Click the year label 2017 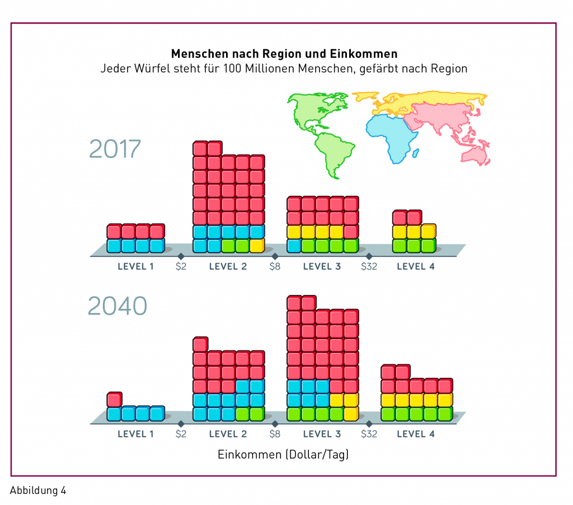[x=115, y=149]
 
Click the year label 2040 [x=118, y=306]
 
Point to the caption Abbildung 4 [x=38, y=490]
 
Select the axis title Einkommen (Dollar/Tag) [x=283, y=454]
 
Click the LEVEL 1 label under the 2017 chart [x=135, y=266]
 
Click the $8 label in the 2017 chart [x=275, y=266]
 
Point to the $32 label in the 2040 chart [x=369, y=434]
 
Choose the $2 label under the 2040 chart [x=181, y=434]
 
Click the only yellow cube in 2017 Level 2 [x=257, y=245]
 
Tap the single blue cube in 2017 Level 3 [x=294, y=245]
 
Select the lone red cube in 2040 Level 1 [x=114, y=399]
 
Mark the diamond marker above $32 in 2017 [x=369, y=256]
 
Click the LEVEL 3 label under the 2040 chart [x=322, y=434]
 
